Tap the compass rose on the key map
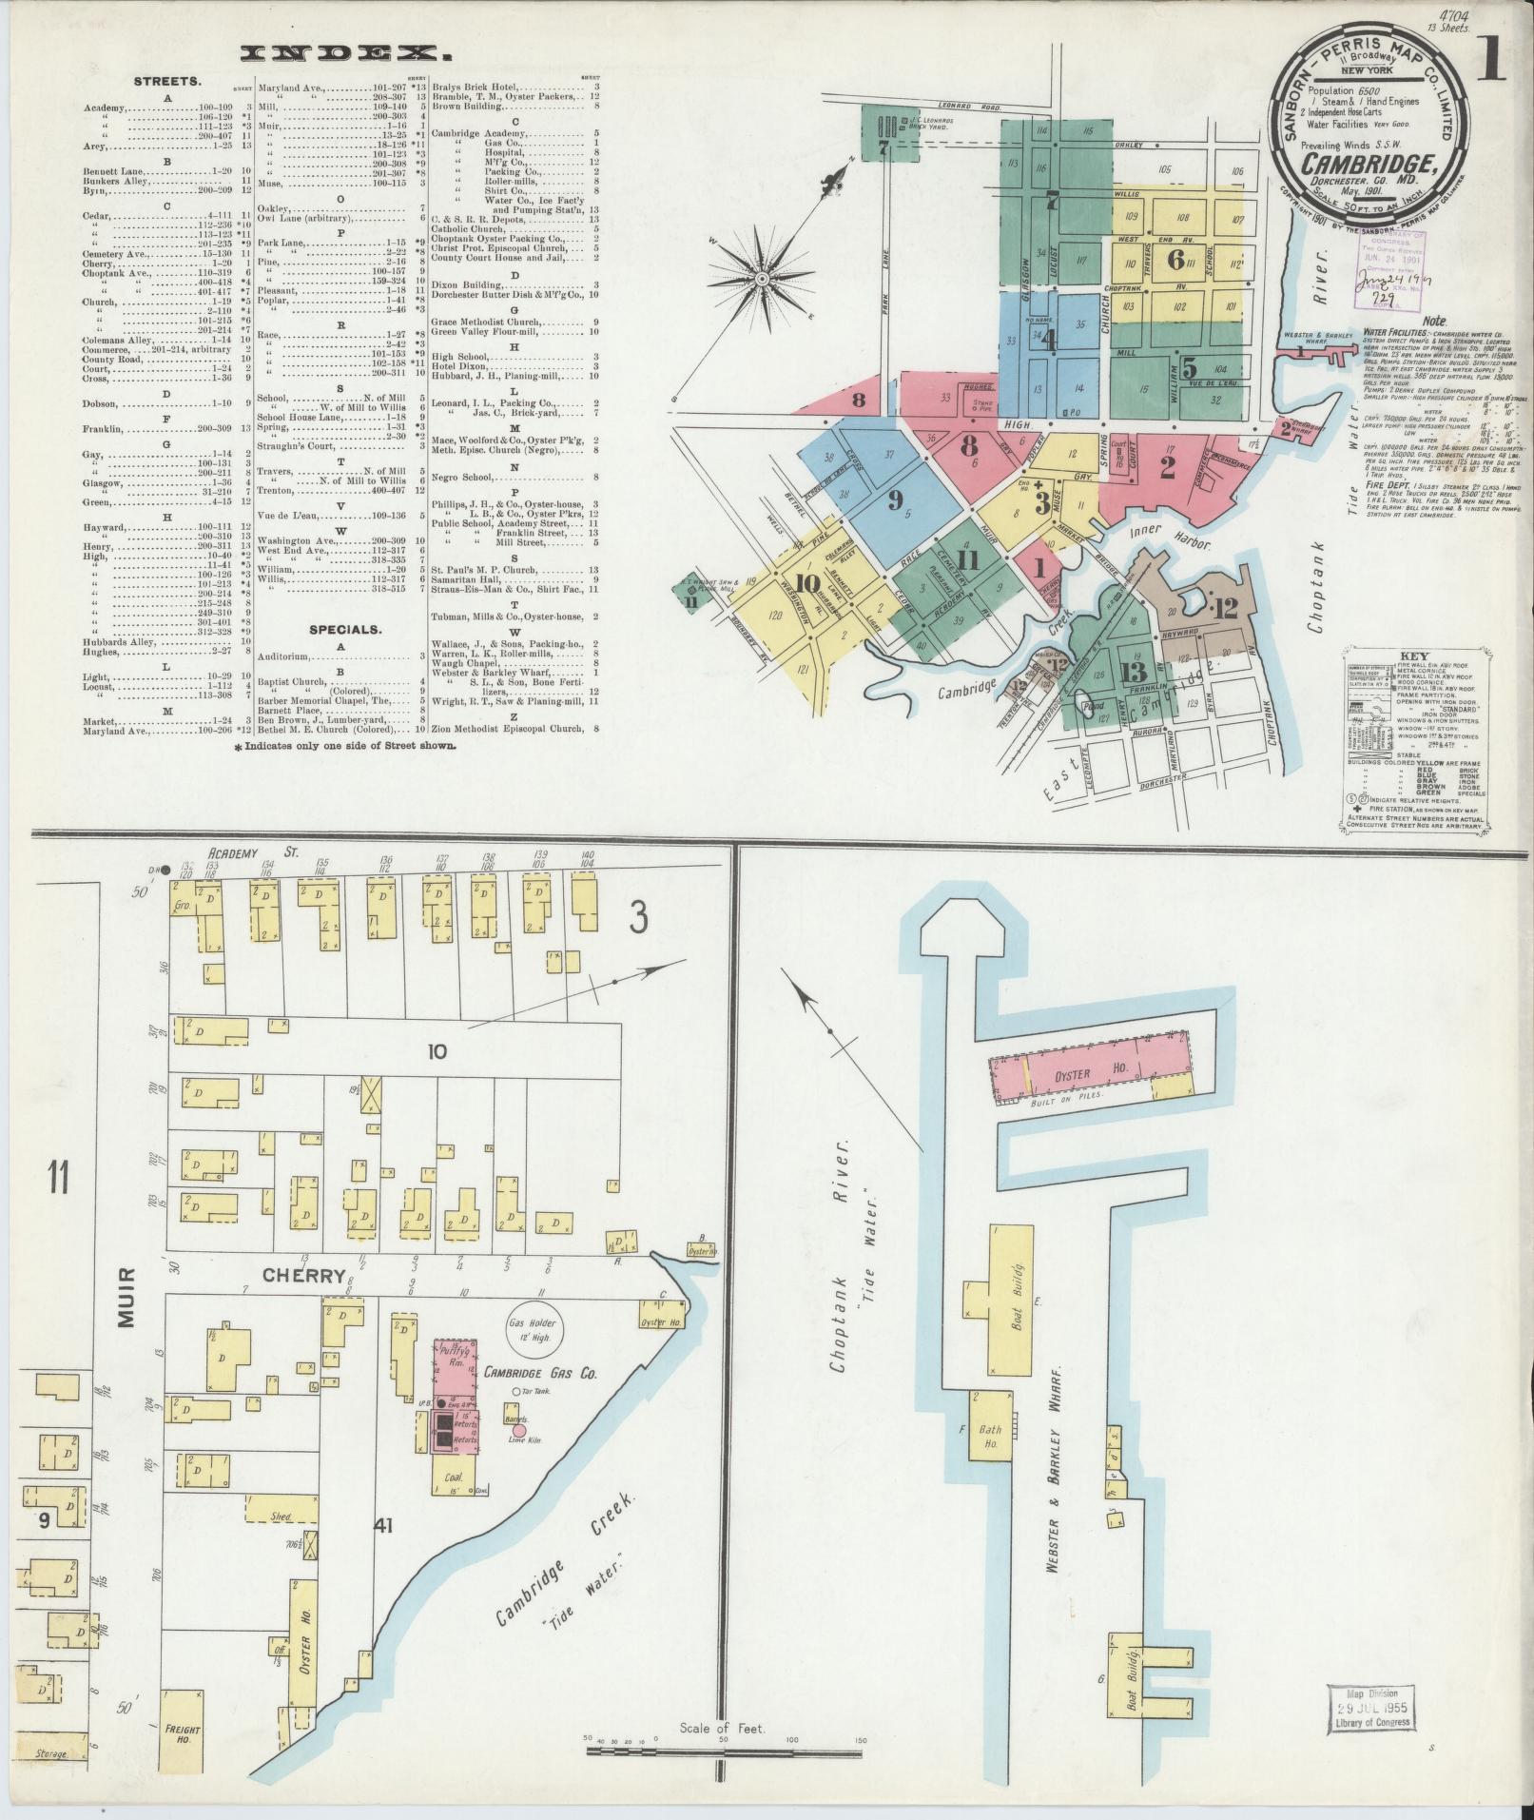click(x=762, y=279)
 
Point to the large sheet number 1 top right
click(x=1490, y=60)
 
